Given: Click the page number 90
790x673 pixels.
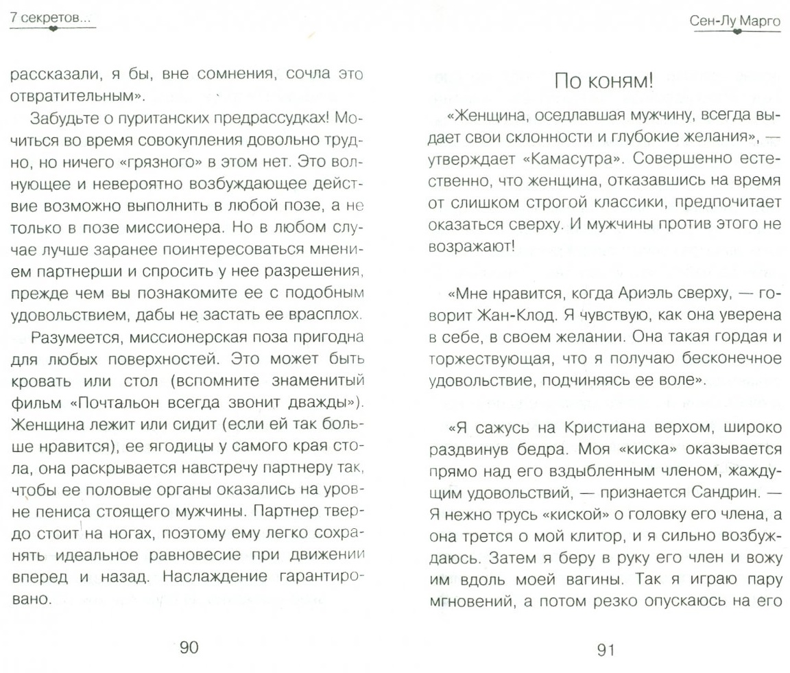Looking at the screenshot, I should [189, 647].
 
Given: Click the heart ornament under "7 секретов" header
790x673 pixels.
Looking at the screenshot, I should [51, 29].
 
